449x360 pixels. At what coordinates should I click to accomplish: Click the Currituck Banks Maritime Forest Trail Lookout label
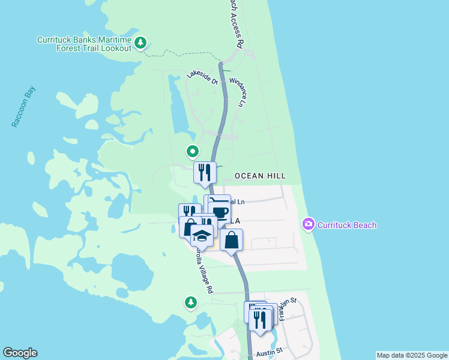(84, 44)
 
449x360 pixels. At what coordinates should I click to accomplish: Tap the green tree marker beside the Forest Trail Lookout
(140, 43)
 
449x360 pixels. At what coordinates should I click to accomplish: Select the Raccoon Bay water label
(23, 107)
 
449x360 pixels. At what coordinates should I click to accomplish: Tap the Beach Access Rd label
(235, 24)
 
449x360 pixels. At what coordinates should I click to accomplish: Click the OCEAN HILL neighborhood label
(260, 176)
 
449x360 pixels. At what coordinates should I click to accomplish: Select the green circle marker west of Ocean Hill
(193, 151)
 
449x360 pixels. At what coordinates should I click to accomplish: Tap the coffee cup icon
(220, 212)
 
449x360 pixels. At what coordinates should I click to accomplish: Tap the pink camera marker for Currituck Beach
(309, 224)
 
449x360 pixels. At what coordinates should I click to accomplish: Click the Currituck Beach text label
(347, 225)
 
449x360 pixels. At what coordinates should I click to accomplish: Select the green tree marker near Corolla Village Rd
(191, 302)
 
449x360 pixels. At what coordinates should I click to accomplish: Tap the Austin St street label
(269, 351)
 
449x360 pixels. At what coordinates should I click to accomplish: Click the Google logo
(20, 353)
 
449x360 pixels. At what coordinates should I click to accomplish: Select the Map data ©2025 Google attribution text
(412, 355)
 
